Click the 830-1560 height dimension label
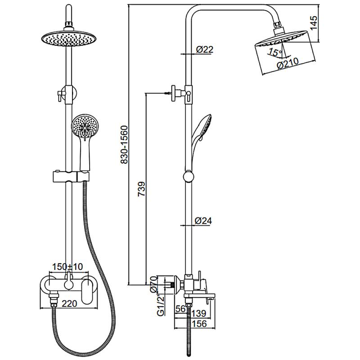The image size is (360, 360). click(124, 144)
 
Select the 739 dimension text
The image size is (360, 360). click(142, 189)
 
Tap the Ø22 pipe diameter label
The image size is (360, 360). click(205, 49)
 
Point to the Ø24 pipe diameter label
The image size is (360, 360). click(203, 221)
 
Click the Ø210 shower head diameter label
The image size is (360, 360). click(288, 63)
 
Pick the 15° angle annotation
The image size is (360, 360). click(275, 53)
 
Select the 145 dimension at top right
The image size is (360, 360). click(313, 22)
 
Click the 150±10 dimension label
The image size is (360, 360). click(67, 266)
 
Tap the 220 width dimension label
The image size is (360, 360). click(70, 303)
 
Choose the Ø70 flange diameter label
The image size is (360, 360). click(153, 284)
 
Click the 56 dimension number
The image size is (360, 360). click(181, 309)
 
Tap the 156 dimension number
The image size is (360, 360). click(199, 324)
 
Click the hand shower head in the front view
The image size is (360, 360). click(84, 126)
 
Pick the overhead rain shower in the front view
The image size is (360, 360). click(70, 38)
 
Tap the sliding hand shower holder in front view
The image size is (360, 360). click(71, 176)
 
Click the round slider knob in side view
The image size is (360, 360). click(189, 177)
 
